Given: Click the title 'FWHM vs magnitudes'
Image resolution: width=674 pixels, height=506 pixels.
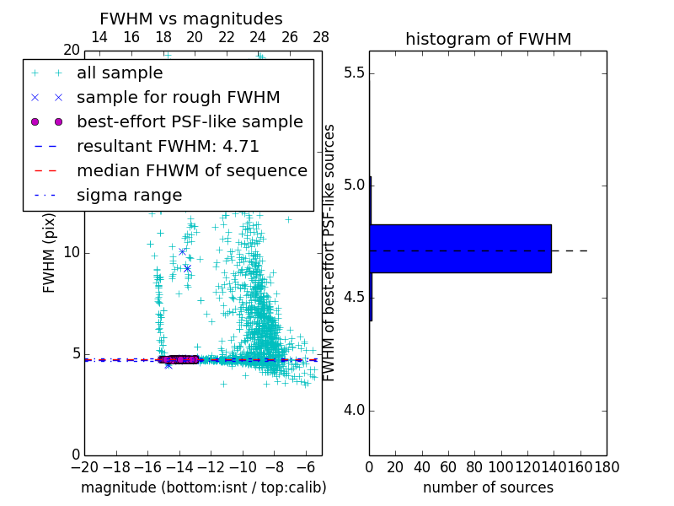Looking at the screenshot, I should [x=190, y=19].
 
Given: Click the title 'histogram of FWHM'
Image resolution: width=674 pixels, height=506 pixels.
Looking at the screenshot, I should [x=488, y=39].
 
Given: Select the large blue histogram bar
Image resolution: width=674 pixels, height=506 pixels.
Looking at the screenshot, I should [x=460, y=249].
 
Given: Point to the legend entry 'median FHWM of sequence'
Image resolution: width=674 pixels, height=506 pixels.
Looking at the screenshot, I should [x=191, y=171].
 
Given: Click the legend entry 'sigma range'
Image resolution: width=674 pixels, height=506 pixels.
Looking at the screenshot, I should [x=129, y=196].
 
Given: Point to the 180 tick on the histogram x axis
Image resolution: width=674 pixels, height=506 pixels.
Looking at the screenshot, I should [x=606, y=466].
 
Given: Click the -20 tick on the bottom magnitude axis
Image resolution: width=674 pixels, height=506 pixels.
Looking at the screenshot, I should [x=84, y=466].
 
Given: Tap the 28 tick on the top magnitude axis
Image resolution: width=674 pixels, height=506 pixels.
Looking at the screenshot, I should [x=321, y=37].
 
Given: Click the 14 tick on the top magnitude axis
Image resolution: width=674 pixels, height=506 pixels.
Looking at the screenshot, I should [x=99, y=37].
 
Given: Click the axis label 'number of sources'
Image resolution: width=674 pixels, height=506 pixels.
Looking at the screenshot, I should [x=488, y=487].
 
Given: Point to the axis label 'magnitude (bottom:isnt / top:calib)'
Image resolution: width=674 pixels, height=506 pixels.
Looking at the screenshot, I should [x=203, y=487].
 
